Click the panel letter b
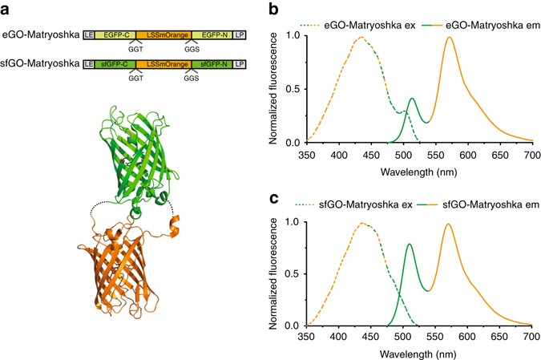click(274, 7)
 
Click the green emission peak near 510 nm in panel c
click(410, 244)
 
